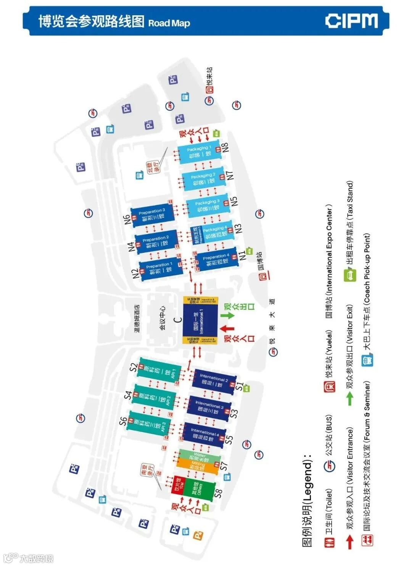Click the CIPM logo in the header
coord(351,21)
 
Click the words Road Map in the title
coord(169,23)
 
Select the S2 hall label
coord(133,367)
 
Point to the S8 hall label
coord(218,493)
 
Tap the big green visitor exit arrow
coord(228,315)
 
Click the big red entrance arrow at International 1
coord(227,328)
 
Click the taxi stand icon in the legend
coord(350,275)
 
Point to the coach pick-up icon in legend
coord(367,360)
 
